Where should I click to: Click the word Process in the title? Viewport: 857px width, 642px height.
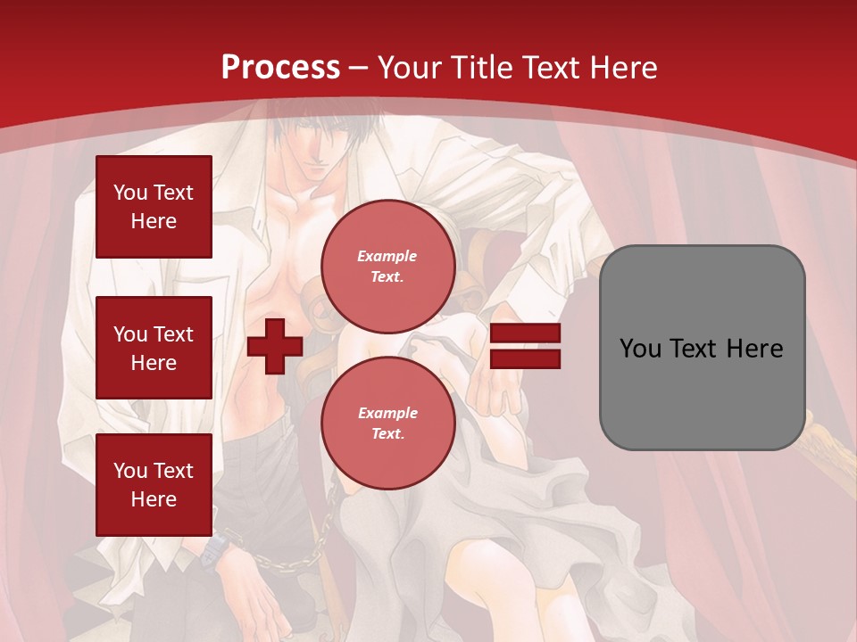(280, 68)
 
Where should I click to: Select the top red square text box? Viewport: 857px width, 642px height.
(154, 207)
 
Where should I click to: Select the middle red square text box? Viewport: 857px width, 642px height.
(154, 348)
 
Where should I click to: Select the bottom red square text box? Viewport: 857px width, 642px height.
(154, 485)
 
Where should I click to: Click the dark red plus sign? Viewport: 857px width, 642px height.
(274, 345)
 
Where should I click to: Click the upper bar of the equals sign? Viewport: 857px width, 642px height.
(525, 333)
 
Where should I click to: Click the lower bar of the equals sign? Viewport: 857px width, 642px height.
(525, 358)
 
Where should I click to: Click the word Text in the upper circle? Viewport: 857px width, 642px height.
(387, 277)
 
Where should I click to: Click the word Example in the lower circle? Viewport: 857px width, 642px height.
(387, 413)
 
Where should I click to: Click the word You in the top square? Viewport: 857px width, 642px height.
(130, 193)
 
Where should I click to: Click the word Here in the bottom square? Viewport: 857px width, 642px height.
(154, 500)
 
